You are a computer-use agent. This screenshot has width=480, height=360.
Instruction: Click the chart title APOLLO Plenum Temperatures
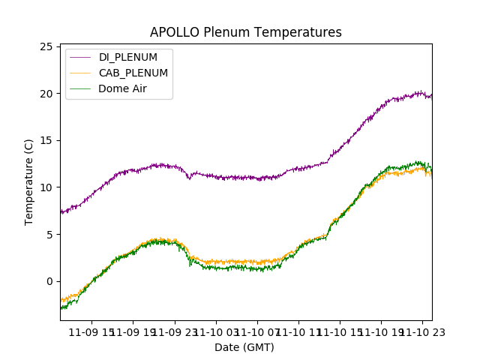(x=245, y=32)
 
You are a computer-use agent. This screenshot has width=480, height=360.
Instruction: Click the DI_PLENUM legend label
(x=128, y=58)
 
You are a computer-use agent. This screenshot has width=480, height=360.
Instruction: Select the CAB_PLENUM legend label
(x=133, y=73)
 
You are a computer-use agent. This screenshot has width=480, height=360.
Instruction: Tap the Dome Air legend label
(x=122, y=88)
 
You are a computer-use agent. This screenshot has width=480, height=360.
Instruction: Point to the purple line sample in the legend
(x=79, y=58)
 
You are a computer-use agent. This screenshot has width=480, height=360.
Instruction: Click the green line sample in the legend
(x=79, y=88)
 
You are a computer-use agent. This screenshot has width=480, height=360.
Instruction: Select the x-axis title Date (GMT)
(x=244, y=347)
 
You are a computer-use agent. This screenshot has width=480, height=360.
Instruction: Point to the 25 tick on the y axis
(x=46, y=47)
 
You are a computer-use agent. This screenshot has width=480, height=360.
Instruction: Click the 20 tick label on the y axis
(x=46, y=94)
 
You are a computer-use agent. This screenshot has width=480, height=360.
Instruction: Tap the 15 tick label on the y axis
(x=46, y=141)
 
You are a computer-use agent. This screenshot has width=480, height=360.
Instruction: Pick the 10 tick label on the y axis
(x=46, y=187)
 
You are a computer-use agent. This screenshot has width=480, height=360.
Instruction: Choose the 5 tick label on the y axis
(x=49, y=235)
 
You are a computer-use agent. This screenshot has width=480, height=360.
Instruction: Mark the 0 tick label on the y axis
(x=49, y=281)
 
